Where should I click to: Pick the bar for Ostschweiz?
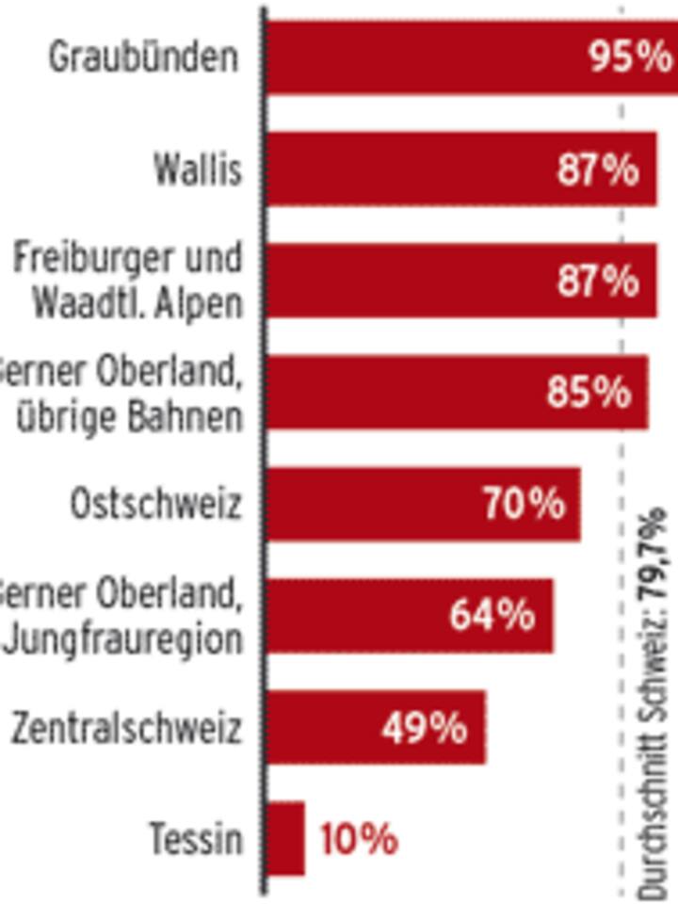[x=377, y=505]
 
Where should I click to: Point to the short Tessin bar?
[x=285, y=839]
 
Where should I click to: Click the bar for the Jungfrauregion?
[x=358, y=616]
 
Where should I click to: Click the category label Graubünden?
[x=143, y=58]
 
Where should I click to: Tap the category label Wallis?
[x=198, y=170]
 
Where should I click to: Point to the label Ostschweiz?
[x=155, y=505]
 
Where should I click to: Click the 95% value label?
[x=629, y=57]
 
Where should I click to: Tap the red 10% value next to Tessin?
[x=359, y=839]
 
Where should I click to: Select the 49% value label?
[x=425, y=728]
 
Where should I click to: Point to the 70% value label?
[x=525, y=505]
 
